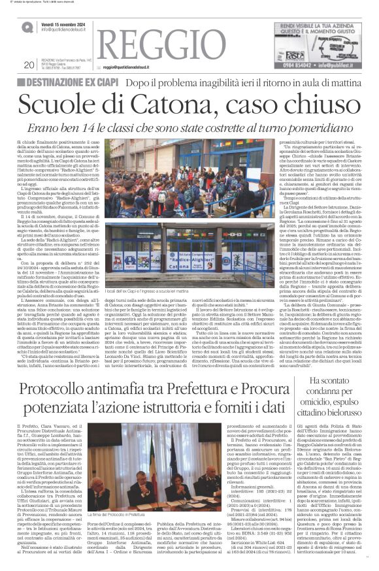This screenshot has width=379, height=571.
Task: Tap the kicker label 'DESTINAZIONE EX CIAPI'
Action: tap(71, 82)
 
